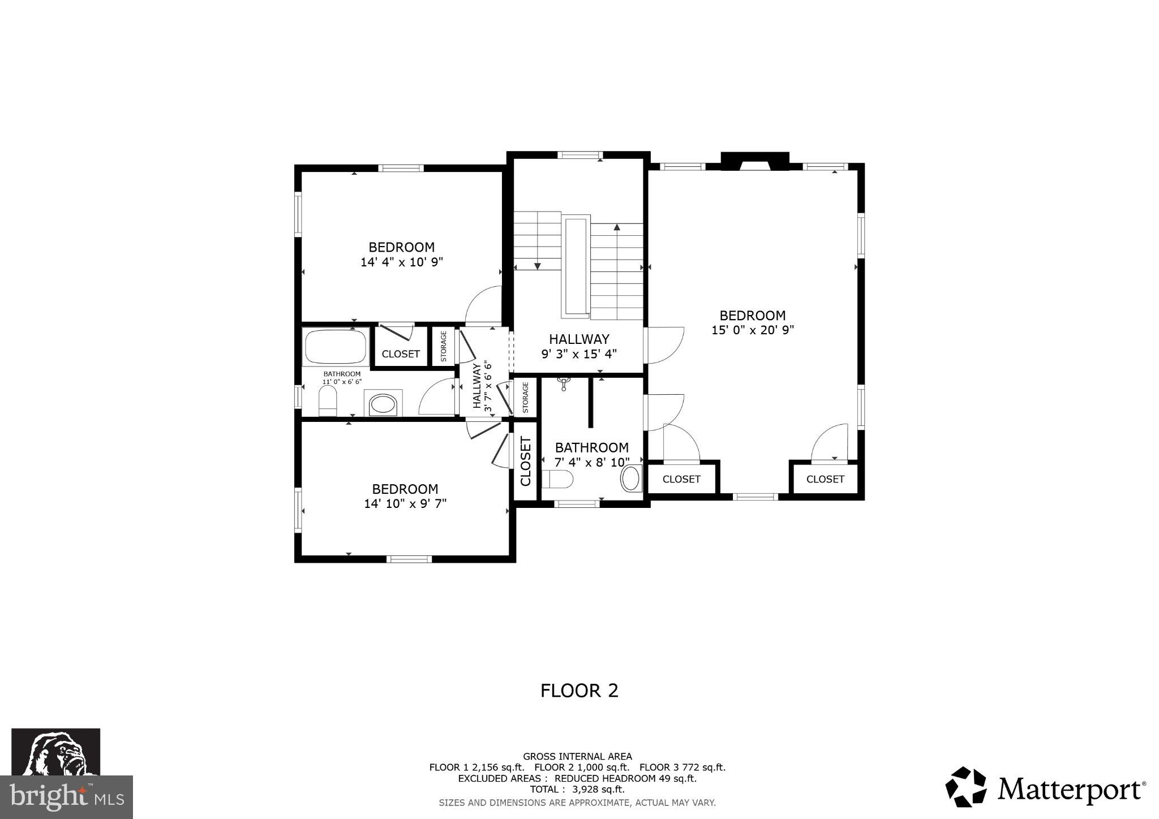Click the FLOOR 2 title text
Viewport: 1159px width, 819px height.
click(579, 691)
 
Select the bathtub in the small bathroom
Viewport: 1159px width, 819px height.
click(335, 347)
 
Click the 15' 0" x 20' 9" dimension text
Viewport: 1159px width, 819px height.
click(753, 330)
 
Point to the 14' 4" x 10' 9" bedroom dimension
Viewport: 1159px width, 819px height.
click(401, 262)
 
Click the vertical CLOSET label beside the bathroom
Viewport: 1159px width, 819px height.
click(525, 461)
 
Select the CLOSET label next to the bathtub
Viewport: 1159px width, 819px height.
click(401, 354)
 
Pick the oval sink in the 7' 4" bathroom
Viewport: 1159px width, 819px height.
click(630, 479)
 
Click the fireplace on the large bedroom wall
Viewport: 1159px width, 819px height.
click(754, 162)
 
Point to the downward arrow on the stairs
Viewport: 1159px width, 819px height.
click(538, 265)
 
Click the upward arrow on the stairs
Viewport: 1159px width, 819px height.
click(617, 228)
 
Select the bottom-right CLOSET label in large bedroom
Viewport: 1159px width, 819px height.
click(825, 479)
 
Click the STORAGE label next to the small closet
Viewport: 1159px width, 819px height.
click(444, 346)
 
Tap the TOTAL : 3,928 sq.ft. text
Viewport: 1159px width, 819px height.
click(577, 789)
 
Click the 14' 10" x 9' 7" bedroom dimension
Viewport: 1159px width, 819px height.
click(405, 504)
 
